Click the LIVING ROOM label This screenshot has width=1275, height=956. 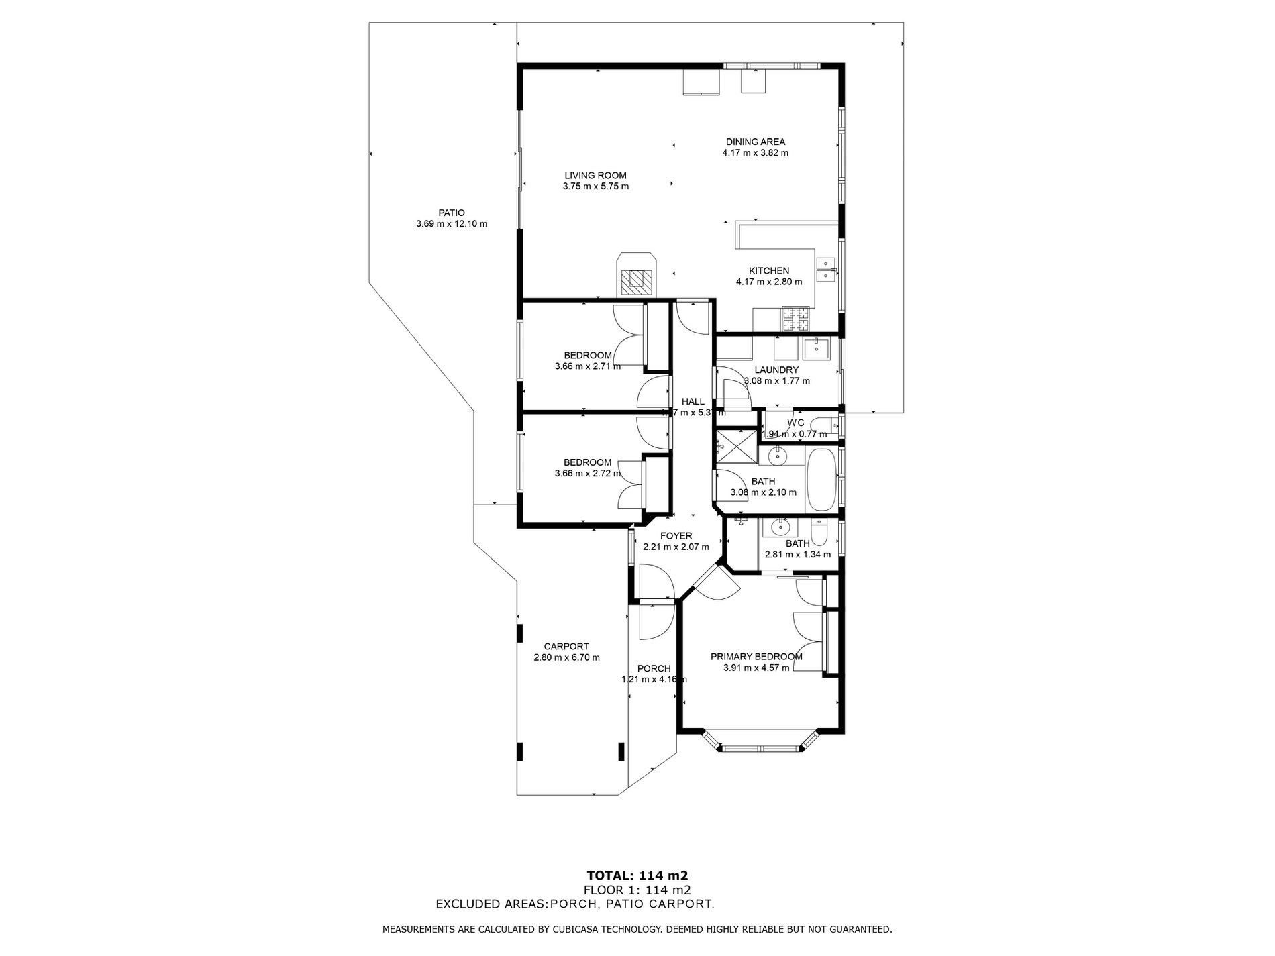point(595,176)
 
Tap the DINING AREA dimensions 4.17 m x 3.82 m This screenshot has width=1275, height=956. point(755,153)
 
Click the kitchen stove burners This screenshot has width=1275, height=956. point(796,319)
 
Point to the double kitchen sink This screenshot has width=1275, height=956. point(825,269)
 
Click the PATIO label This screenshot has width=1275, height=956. point(451,213)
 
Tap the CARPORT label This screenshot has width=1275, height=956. point(566,647)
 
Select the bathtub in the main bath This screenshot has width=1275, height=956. point(819,479)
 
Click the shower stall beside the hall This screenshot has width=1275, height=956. point(735,447)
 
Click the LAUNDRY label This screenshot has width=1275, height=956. point(776,370)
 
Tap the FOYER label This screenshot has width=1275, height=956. point(675,536)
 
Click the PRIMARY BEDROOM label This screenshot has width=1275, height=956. point(756,657)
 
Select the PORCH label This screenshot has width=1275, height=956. point(654,668)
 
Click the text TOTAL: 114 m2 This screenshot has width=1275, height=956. point(637,875)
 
